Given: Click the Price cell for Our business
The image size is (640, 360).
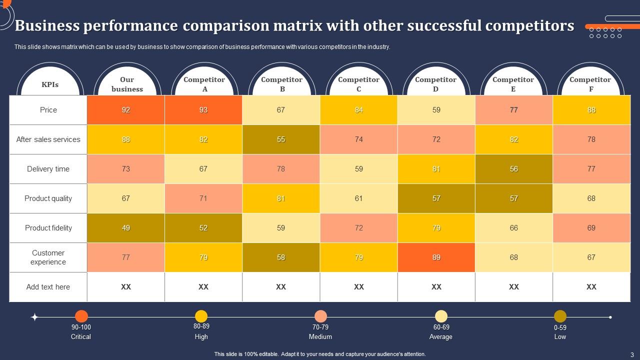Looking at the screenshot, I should tap(126, 110).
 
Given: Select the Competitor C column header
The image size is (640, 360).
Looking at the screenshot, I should tap(358, 84).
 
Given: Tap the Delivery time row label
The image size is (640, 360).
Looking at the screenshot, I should tap(48, 169).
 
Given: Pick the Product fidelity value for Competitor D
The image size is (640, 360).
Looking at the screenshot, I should tap(436, 228).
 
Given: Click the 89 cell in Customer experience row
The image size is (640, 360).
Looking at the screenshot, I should tap(436, 257).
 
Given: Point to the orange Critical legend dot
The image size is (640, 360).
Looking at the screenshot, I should tap(81, 316).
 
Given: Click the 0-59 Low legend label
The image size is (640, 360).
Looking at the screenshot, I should tap(560, 332).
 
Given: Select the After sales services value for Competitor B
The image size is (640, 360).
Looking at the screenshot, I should tap(281, 139).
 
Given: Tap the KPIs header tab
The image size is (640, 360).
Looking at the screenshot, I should tap(49, 84).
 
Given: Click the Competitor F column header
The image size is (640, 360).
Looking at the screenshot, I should tap(590, 84).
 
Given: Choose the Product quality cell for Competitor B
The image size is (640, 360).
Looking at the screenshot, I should tap(281, 198).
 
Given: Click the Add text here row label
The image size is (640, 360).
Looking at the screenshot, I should tap(48, 287).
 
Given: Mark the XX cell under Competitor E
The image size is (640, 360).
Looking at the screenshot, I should tap(513, 287).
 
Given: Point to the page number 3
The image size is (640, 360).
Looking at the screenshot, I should tap(631, 354).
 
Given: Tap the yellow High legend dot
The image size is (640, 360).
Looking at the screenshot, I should tap(201, 316).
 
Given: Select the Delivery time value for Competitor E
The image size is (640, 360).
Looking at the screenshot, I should tap(513, 169).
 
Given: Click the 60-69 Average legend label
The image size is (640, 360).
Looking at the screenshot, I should tap(440, 332).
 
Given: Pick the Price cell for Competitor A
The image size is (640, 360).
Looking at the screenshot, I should tap(203, 110).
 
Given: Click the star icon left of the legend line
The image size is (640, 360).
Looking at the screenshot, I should tap(34, 317).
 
